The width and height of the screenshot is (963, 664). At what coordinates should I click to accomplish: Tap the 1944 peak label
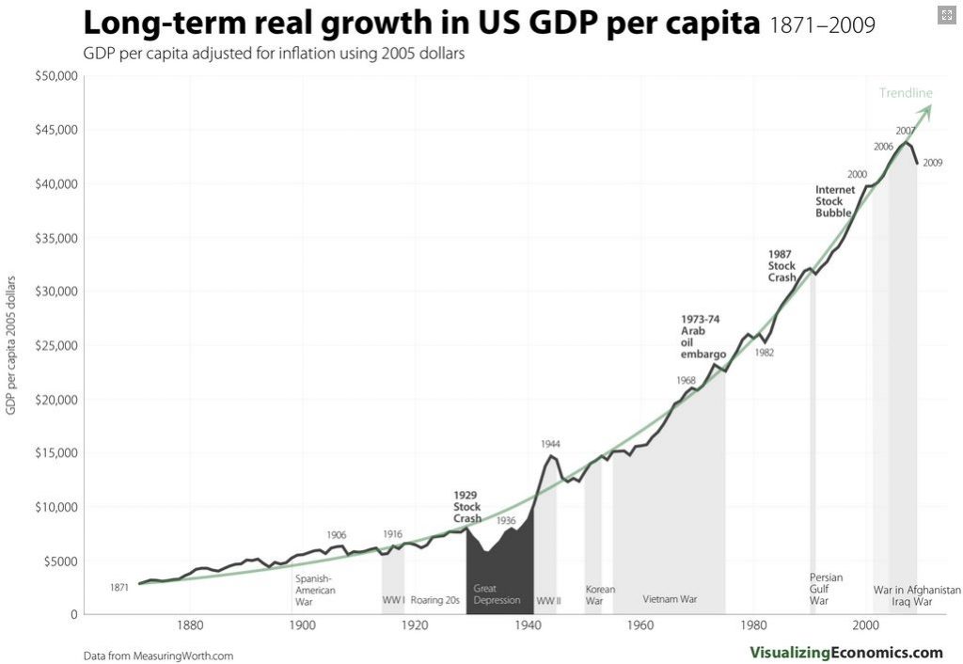551,443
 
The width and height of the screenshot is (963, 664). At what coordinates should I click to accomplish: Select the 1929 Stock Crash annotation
466,507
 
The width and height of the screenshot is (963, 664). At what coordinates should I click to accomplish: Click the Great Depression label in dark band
497,594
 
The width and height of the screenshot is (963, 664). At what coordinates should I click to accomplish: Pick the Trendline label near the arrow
906,93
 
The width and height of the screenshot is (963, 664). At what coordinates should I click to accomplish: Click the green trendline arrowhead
926,108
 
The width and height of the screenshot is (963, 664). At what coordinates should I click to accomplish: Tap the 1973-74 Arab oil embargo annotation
703,337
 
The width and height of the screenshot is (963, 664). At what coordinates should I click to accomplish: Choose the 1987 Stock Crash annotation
781,265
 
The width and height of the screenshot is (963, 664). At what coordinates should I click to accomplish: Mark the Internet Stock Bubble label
835,201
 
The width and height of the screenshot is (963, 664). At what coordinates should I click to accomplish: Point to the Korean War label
600,594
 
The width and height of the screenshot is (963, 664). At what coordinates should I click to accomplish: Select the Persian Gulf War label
826,589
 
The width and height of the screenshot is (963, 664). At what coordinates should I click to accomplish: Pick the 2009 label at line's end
933,164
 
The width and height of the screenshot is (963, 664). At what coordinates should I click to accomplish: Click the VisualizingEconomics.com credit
845,652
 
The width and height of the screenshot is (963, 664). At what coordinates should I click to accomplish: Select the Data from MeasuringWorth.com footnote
158,656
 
